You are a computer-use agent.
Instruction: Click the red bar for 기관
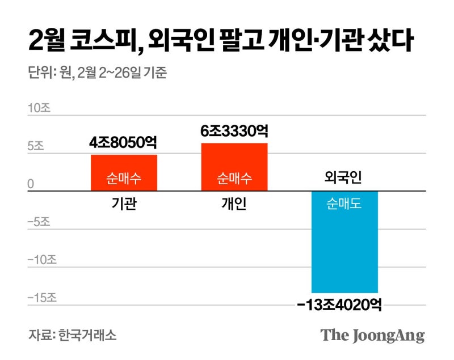pos(124,173)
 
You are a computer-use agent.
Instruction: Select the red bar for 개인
pos(234,167)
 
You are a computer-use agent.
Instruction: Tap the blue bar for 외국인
pos(344,242)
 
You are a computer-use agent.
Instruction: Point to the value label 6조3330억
pos(234,132)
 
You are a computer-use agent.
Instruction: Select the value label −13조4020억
pos(339,306)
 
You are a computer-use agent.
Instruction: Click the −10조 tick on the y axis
pos(42,260)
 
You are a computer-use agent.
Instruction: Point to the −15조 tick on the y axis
pos(42,298)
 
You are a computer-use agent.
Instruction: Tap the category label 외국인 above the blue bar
pos(343,178)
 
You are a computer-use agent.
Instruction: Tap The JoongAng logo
pos(372,335)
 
